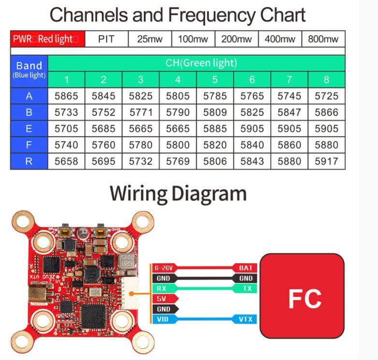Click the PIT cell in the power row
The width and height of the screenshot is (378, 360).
tap(106, 39)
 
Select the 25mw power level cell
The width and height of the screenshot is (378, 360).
tap(149, 39)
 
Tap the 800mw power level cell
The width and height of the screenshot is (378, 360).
tap(323, 39)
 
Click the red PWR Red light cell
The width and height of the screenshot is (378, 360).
tap(47, 39)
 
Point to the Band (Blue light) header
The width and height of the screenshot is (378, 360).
tap(29, 69)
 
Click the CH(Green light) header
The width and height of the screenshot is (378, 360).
tap(196, 63)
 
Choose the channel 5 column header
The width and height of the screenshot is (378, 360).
tap(215, 80)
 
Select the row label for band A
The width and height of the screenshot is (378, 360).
tap(29, 96)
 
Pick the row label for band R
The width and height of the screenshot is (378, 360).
tap(29, 161)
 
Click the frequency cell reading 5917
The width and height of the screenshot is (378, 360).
tap(326, 161)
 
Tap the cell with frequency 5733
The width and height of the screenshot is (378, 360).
tap(66, 112)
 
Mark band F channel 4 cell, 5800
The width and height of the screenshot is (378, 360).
tap(177, 145)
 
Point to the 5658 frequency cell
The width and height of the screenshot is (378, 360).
tap(66, 161)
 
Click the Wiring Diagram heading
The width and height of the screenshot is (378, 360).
tap(178, 193)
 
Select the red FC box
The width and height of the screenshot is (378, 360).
tap(302, 296)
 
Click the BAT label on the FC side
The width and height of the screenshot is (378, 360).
tap(246, 268)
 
